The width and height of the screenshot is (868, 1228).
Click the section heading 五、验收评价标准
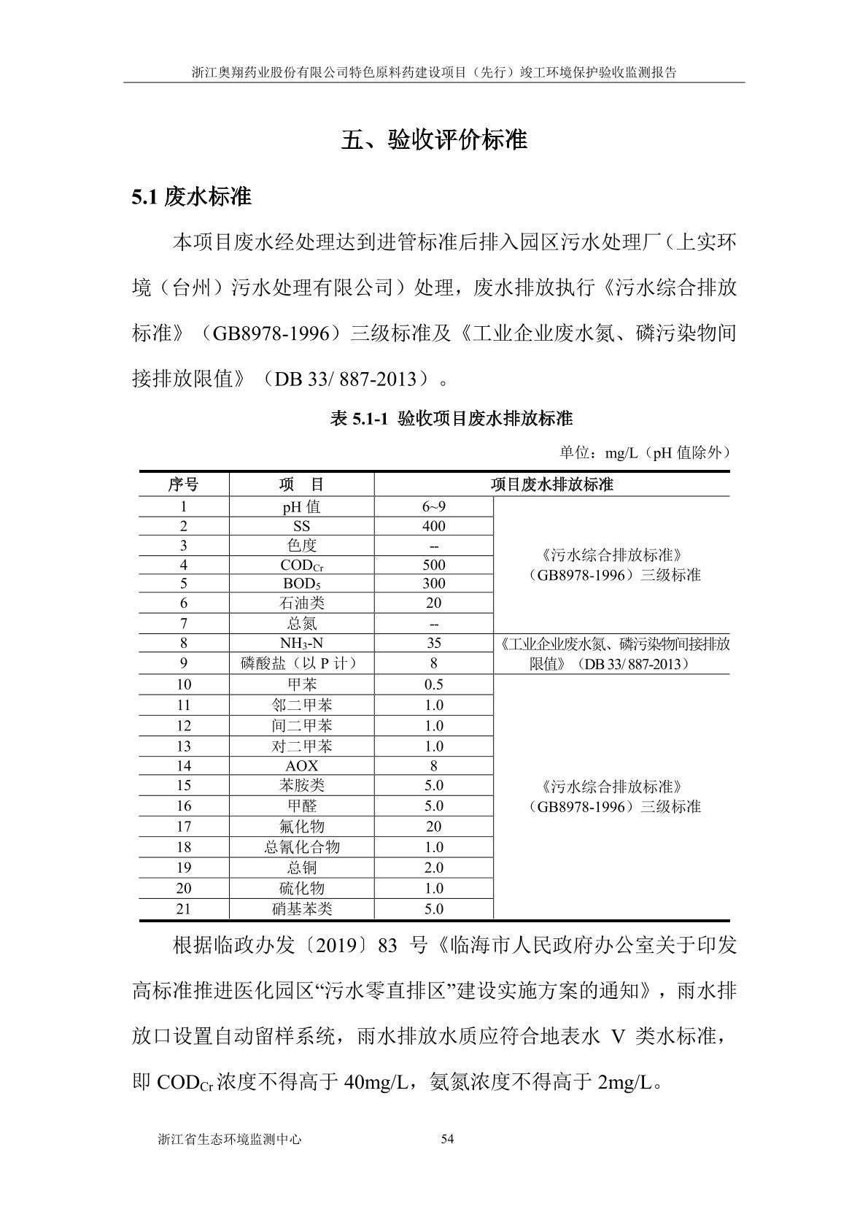(x=434, y=139)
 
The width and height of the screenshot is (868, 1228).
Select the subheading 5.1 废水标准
(x=192, y=196)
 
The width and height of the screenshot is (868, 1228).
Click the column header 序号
(x=183, y=484)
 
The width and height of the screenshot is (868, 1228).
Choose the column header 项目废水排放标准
(x=551, y=484)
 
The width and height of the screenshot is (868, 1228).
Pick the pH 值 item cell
(x=301, y=506)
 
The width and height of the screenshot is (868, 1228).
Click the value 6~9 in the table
(x=433, y=506)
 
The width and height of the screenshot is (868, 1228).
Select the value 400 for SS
(x=433, y=526)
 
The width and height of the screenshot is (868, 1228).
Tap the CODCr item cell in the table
(x=301, y=565)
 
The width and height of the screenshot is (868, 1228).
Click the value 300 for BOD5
(x=433, y=584)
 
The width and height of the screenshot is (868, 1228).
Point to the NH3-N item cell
(x=301, y=643)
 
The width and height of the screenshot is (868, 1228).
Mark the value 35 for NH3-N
(x=433, y=643)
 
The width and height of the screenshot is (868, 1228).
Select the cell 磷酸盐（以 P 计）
(x=301, y=663)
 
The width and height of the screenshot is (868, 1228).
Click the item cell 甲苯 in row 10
(x=301, y=684)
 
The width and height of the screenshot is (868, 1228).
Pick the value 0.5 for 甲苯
(x=433, y=684)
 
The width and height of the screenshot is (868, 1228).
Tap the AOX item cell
(x=301, y=766)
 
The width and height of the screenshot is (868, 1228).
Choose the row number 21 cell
(x=183, y=909)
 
